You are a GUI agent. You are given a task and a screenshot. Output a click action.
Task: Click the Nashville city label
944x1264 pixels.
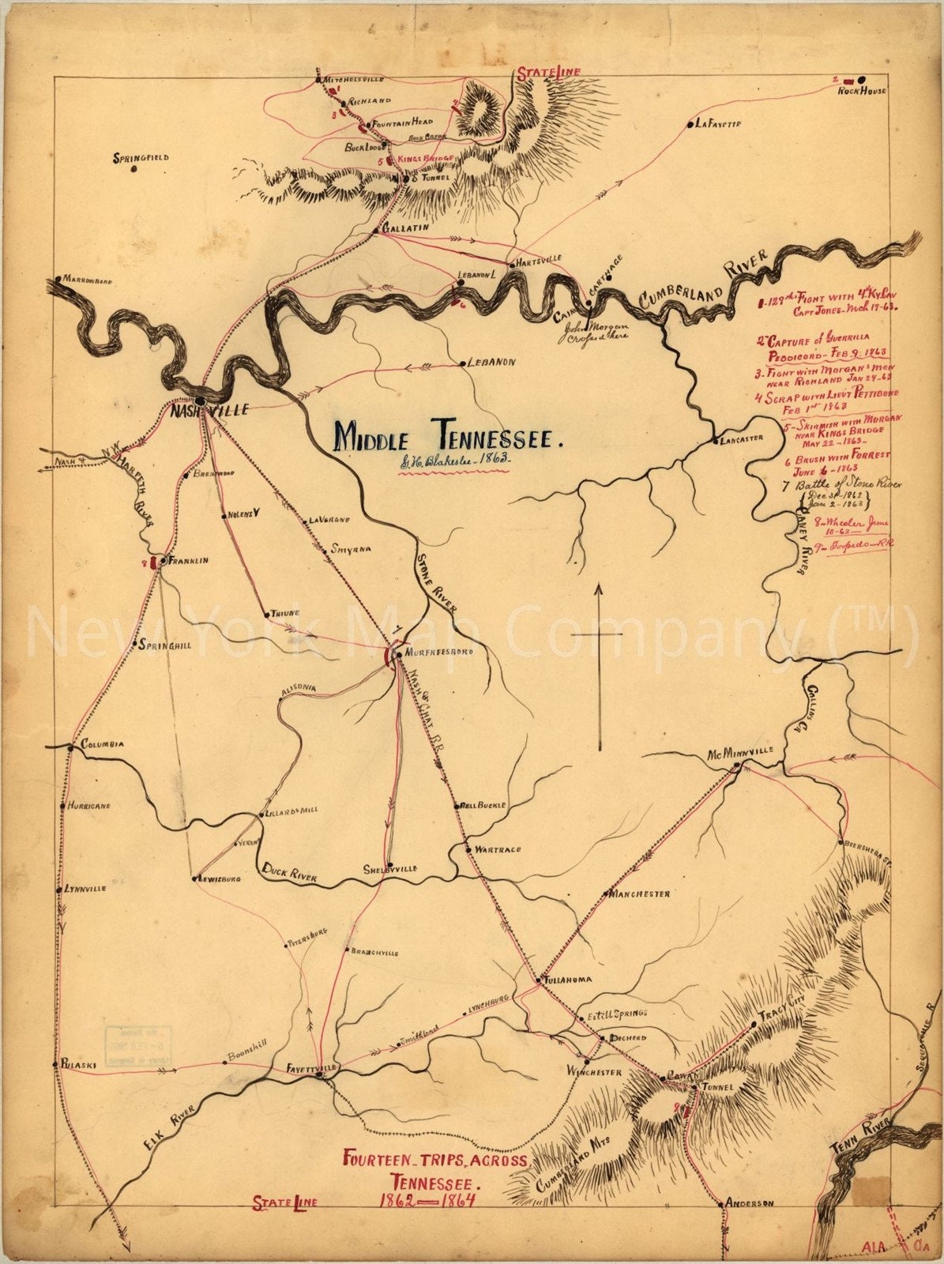click(x=209, y=410)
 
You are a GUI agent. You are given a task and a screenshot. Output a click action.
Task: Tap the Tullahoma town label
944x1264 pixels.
click(x=567, y=980)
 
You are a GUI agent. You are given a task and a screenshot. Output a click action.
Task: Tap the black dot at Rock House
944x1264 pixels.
click(x=860, y=80)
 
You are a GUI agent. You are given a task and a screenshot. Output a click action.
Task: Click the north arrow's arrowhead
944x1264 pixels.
click(x=599, y=589)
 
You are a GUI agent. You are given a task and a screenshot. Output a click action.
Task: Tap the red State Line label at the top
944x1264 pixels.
click(x=548, y=73)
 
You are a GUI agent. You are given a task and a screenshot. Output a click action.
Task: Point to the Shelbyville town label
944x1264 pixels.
click(x=390, y=868)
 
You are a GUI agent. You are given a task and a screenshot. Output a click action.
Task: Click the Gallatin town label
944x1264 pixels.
click(x=405, y=228)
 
